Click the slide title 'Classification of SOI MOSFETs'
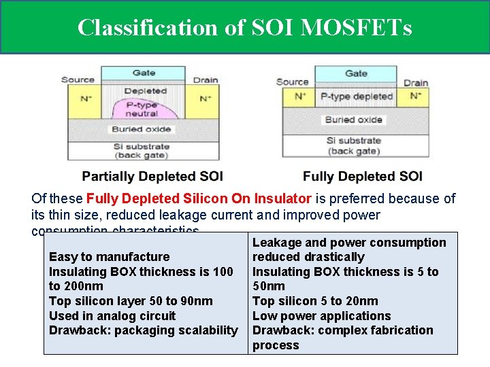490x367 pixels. pyautogui.click(x=244, y=27)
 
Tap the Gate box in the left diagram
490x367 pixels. pyautogui.click(x=144, y=73)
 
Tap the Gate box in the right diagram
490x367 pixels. pyautogui.click(x=356, y=73)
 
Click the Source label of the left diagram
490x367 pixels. pyautogui.click(x=78, y=80)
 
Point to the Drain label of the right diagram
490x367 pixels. pyautogui.click(x=416, y=83)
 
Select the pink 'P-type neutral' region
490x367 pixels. pyautogui.click(x=142, y=109)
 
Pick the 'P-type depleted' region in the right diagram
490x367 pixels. pyautogui.click(x=357, y=97)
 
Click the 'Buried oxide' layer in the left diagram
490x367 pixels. pyautogui.click(x=142, y=129)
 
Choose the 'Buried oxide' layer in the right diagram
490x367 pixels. pyautogui.click(x=353, y=120)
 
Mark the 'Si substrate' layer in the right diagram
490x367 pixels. pyautogui.click(x=353, y=145)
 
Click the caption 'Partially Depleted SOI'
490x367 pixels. pyautogui.click(x=152, y=177)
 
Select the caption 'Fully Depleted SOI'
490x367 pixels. pyautogui.click(x=363, y=177)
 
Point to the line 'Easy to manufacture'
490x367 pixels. pyautogui.click(x=110, y=257)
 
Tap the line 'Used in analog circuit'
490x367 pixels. pyautogui.click(x=112, y=316)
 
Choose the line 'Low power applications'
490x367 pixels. pyautogui.click(x=322, y=316)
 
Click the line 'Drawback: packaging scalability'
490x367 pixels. pyautogui.click(x=144, y=330)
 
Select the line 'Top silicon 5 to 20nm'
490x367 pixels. pyautogui.click(x=315, y=301)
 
